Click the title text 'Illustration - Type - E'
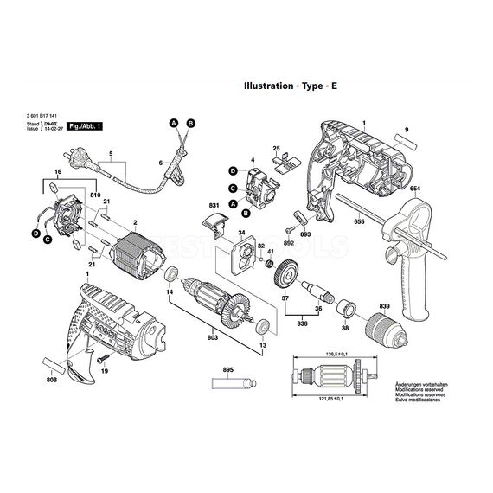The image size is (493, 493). (x=286, y=87)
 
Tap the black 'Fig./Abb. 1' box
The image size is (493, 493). (x=85, y=126)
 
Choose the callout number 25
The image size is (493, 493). (x=277, y=147)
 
